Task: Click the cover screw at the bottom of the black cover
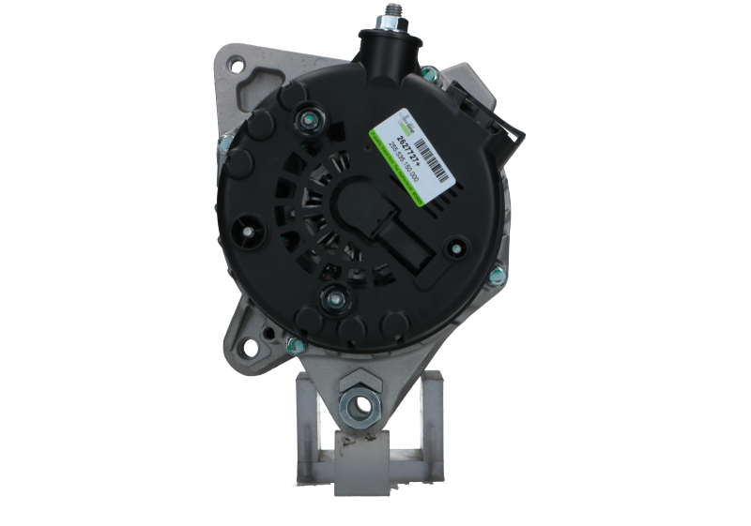pos(336,299)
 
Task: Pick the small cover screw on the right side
pos(456,248)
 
